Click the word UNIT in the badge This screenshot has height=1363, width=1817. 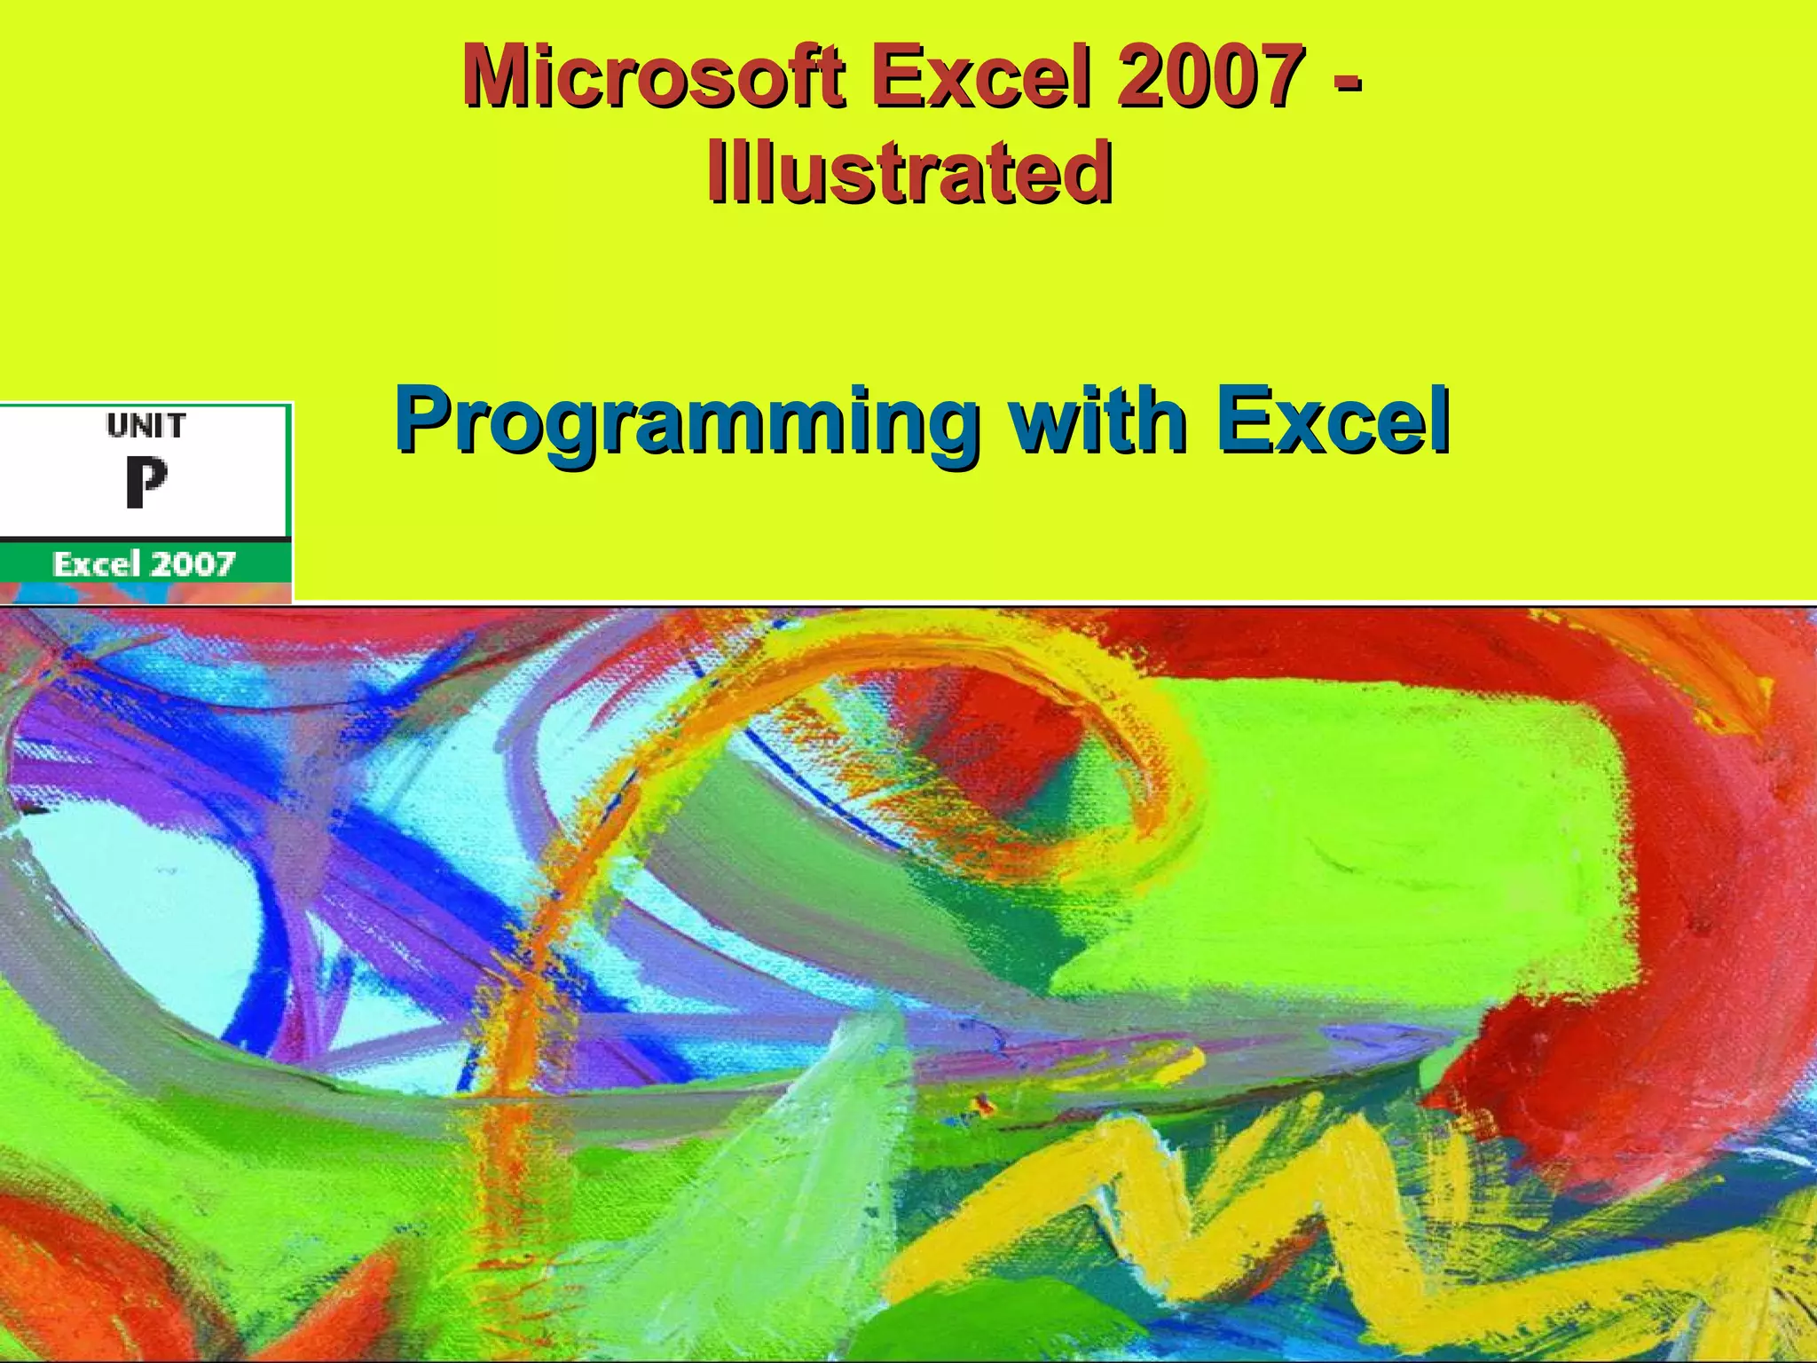tap(146, 427)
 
